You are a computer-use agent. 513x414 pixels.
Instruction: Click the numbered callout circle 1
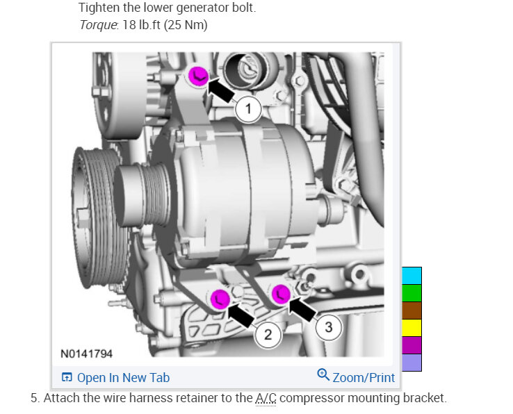pos(248,108)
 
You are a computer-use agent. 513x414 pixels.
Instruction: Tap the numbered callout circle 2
pos(268,334)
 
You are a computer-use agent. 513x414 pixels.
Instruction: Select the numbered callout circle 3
pos(329,326)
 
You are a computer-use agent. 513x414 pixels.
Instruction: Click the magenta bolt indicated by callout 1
pos(198,76)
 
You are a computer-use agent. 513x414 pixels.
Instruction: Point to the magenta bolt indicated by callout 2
pos(220,299)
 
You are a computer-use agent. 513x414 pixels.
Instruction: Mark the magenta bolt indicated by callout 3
pos(281,294)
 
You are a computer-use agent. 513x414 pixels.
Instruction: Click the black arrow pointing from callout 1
pos(221,90)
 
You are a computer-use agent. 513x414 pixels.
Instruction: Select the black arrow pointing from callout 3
pos(302,308)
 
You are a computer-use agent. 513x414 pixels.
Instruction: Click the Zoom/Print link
pos(364,378)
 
